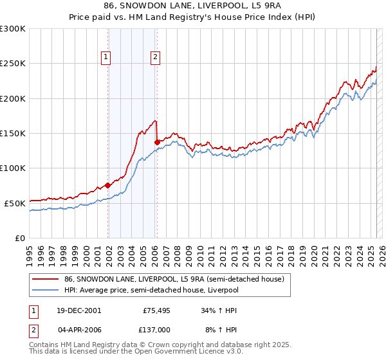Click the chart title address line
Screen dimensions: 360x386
tap(192, 6)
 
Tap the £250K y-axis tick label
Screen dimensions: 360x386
tap(13, 64)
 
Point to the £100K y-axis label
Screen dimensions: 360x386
tap(13, 168)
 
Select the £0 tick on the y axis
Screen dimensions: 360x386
tap(20, 238)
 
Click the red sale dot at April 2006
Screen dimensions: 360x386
tap(157, 142)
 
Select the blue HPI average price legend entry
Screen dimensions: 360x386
tap(151, 290)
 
